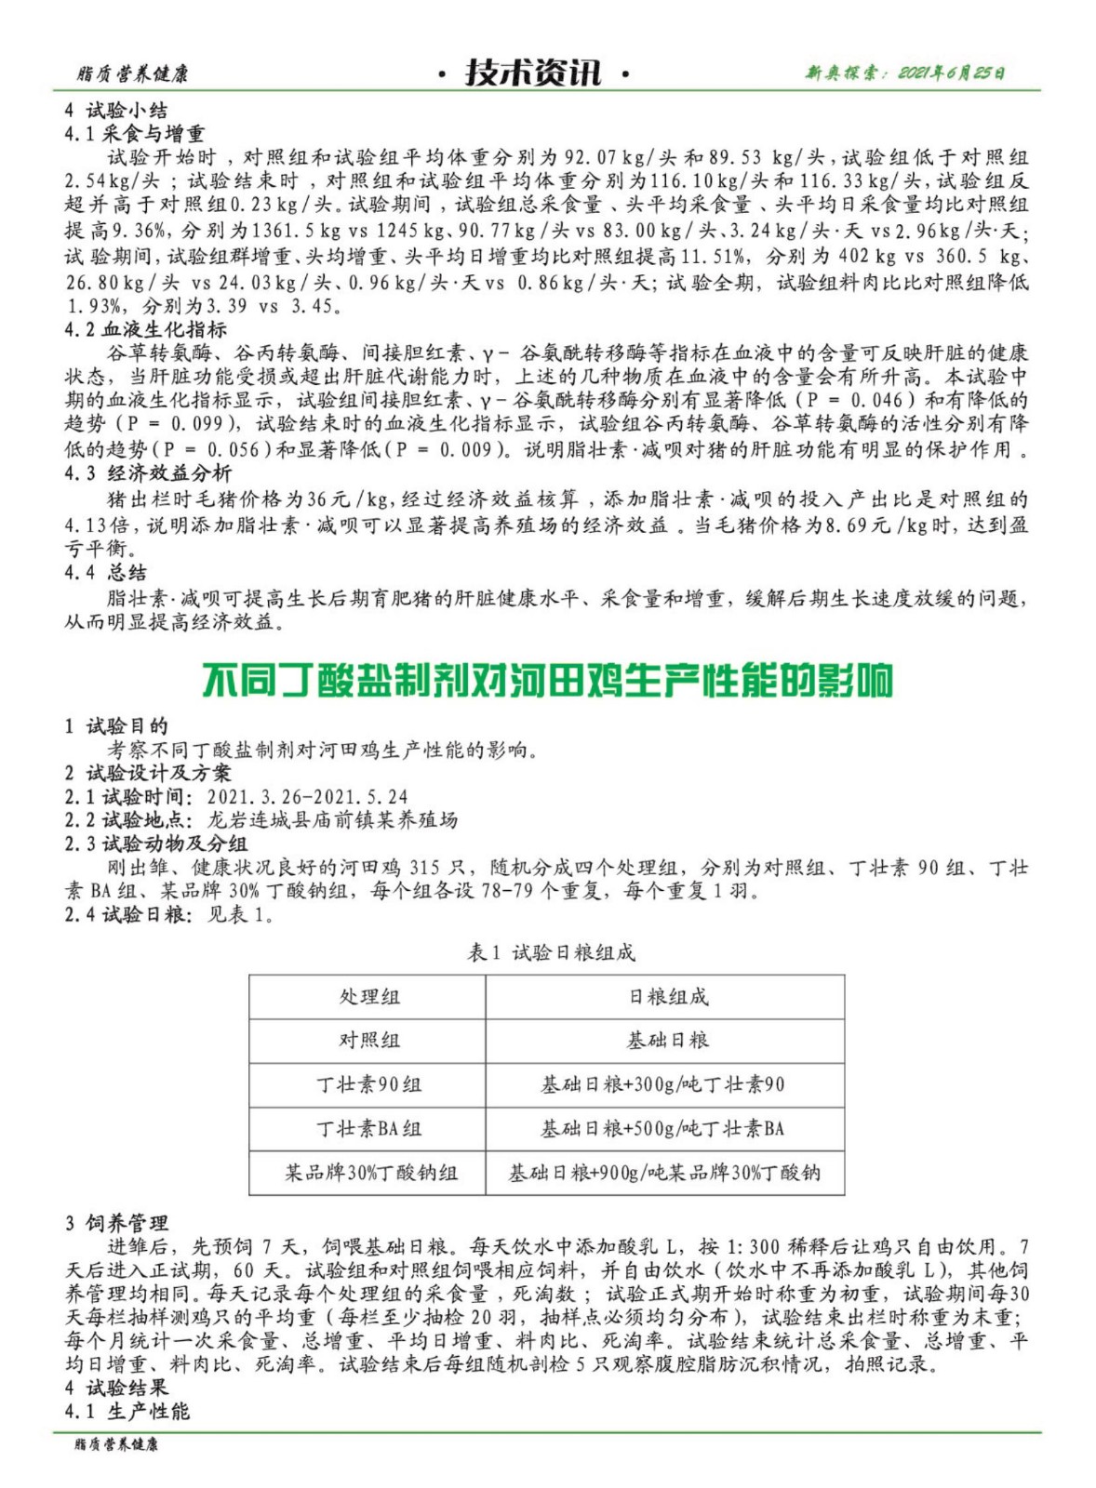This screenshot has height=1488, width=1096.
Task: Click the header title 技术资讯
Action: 533,73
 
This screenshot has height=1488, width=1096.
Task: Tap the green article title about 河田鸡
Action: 547,681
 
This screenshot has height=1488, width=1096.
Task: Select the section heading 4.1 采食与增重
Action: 135,134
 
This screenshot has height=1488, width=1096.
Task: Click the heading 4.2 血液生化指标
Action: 145,329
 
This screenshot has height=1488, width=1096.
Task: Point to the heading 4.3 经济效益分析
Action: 148,473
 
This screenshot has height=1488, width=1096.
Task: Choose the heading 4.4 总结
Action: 105,572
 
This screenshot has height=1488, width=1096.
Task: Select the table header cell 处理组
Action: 368,997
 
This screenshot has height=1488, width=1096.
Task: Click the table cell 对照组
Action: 368,1041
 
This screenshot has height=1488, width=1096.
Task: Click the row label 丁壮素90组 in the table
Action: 368,1084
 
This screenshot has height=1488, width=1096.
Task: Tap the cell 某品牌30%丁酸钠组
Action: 370,1173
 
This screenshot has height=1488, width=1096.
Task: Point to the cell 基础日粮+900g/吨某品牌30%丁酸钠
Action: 664,1173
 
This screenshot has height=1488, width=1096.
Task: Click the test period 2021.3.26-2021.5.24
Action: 307,797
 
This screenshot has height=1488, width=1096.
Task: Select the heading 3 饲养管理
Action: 116,1223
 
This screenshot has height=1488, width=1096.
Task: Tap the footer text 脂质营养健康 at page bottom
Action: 116,1444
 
